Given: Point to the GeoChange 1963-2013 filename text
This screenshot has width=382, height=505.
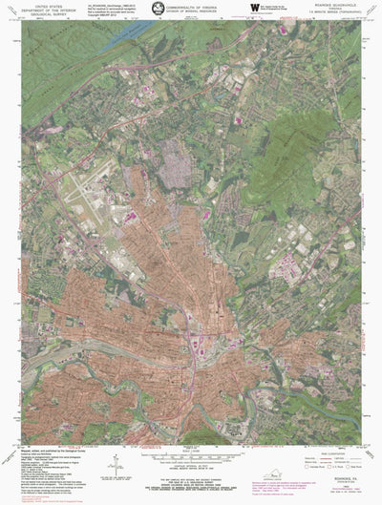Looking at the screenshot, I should (107, 5).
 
